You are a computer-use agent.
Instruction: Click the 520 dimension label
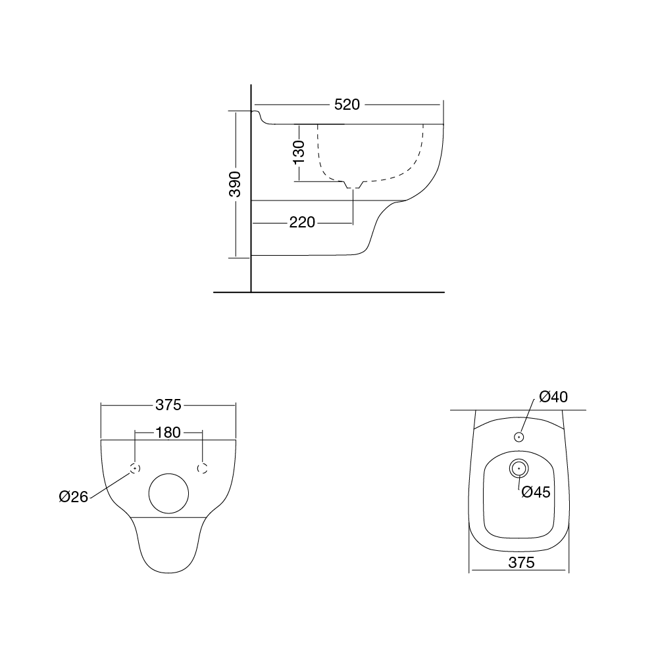(x=347, y=105)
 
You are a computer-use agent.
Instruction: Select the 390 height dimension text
(x=235, y=184)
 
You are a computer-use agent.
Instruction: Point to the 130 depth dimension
(x=299, y=152)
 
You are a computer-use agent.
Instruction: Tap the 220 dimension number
(x=302, y=222)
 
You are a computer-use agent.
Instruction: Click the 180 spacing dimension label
(x=168, y=433)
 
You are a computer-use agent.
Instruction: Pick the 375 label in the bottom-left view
(x=168, y=404)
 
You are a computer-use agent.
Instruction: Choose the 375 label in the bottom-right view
(x=521, y=562)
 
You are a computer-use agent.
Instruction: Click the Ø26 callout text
(x=74, y=497)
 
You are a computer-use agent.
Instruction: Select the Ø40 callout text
(x=553, y=396)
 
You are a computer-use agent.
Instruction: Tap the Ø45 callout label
(x=536, y=492)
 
